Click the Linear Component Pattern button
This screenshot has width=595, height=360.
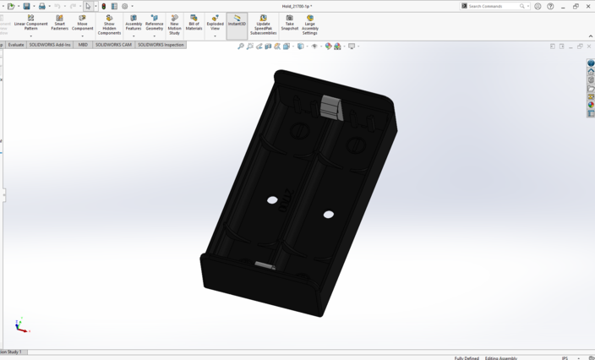pyautogui.click(x=30, y=23)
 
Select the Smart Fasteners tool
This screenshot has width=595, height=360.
pyautogui.click(x=59, y=23)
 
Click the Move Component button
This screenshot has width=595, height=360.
pyautogui.click(x=82, y=23)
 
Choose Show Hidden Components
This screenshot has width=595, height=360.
pyautogui.click(x=109, y=25)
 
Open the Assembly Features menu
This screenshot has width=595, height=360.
pyautogui.click(x=134, y=23)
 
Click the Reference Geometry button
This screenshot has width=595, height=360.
pyautogui.click(x=154, y=23)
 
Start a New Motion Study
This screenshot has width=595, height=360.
pyautogui.click(x=174, y=25)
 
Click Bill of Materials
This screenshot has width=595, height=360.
pyautogui.click(x=194, y=23)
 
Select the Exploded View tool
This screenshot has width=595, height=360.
pyautogui.click(x=215, y=23)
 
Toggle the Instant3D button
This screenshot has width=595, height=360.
pyautogui.click(x=237, y=20)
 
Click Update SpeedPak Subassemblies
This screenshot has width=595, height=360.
pyautogui.click(x=263, y=25)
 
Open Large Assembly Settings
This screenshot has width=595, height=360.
pyautogui.click(x=309, y=25)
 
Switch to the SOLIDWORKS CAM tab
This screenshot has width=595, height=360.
pyautogui.click(x=113, y=45)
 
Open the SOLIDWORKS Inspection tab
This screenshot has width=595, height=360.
pyautogui.click(x=161, y=45)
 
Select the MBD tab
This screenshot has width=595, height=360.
pyautogui.click(x=83, y=45)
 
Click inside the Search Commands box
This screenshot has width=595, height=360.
pyautogui.click(x=494, y=6)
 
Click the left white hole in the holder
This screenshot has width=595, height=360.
pyautogui.click(x=272, y=200)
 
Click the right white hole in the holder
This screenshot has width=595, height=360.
pyautogui.click(x=328, y=215)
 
